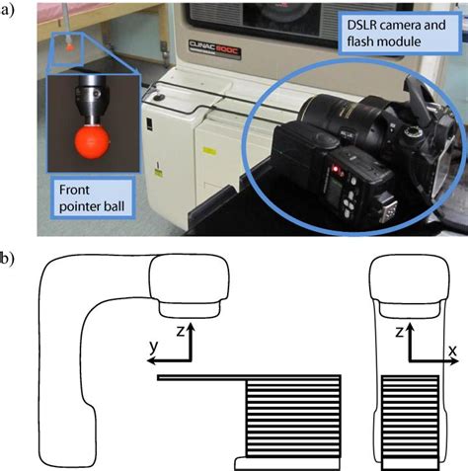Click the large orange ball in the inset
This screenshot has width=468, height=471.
[91, 142]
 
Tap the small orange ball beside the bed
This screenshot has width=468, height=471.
[69, 47]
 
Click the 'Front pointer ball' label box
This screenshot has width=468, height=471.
[92, 197]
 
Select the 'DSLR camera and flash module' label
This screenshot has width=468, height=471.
[399, 33]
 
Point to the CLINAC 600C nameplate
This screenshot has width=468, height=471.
[214, 48]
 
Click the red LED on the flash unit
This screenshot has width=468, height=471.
[336, 169]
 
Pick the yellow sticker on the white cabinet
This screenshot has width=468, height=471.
[208, 151]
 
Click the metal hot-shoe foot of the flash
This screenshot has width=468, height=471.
[388, 211]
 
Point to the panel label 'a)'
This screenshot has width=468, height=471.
[7, 10]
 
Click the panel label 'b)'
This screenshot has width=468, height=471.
[7, 260]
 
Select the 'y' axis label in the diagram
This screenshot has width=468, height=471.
[153, 348]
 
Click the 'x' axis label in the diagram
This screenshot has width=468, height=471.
[452, 351]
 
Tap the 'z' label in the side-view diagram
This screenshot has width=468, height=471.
[180, 331]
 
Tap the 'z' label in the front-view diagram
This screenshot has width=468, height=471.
[399, 332]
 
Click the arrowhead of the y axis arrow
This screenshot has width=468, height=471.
[151, 361]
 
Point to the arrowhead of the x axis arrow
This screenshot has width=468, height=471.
[454, 361]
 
